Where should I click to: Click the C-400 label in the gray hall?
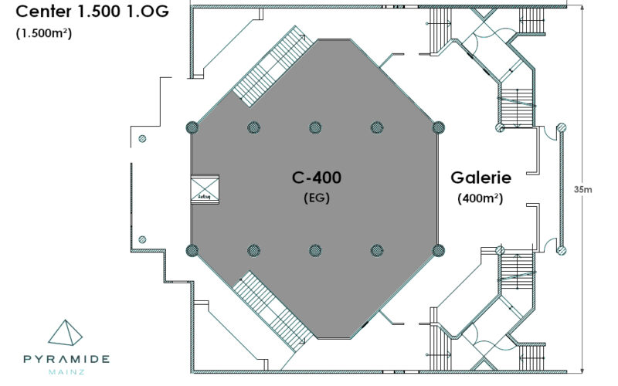pyautogui.click(x=316, y=178)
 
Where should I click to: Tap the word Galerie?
pyautogui.click(x=480, y=178)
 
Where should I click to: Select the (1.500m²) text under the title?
pyautogui.click(x=44, y=33)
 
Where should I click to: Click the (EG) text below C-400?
pyautogui.click(x=316, y=198)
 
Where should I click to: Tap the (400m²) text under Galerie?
pyautogui.click(x=480, y=198)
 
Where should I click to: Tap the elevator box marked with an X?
pyautogui.click(x=205, y=188)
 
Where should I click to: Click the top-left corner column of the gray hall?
pyautogui.click(x=192, y=127)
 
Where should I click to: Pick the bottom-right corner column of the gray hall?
pyautogui.click(x=439, y=249)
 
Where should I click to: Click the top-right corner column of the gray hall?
pyautogui.click(x=439, y=127)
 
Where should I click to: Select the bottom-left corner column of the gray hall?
pyautogui.click(x=192, y=249)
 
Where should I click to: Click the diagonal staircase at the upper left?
pyautogui.click(x=270, y=66)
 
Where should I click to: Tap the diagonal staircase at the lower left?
pyautogui.click(x=270, y=309)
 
